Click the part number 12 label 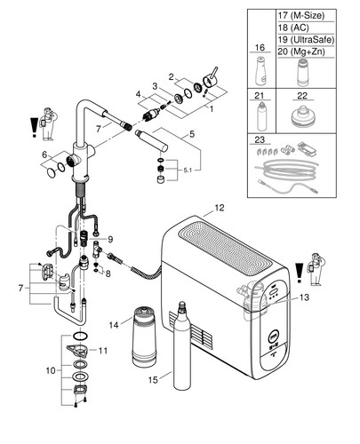pos(220,208)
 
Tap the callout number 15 pos(153,380)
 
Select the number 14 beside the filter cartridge pos(114,325)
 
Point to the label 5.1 pos(188,170)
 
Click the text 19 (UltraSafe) pos(306,39)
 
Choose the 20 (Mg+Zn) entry pos(301,52)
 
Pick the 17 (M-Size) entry pos(301,15)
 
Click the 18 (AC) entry pos(293,28)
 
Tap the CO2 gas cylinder pos(181,345)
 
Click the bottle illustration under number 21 pos(262,116)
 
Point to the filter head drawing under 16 pos(260,70)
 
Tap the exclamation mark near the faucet pos(35,127)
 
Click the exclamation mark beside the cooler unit pos(300,273)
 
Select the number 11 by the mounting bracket pos(103,351)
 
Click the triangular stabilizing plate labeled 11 pos(76,351)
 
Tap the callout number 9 pos(110,239)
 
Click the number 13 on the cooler pos(304,297)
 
